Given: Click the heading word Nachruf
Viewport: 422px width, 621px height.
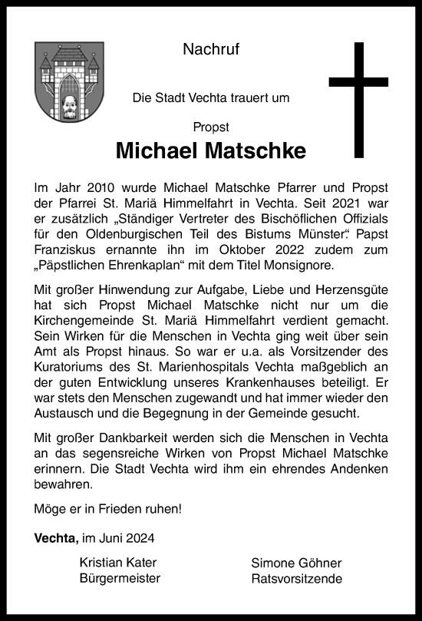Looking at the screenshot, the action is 211,51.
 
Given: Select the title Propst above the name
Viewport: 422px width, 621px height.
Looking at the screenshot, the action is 211,127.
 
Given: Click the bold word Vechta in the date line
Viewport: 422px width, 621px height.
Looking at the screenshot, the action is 55,538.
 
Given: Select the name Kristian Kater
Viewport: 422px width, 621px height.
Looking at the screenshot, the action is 119,563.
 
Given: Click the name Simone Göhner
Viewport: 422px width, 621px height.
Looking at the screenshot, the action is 296,563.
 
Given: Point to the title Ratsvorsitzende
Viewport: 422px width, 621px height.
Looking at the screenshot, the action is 296,578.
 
